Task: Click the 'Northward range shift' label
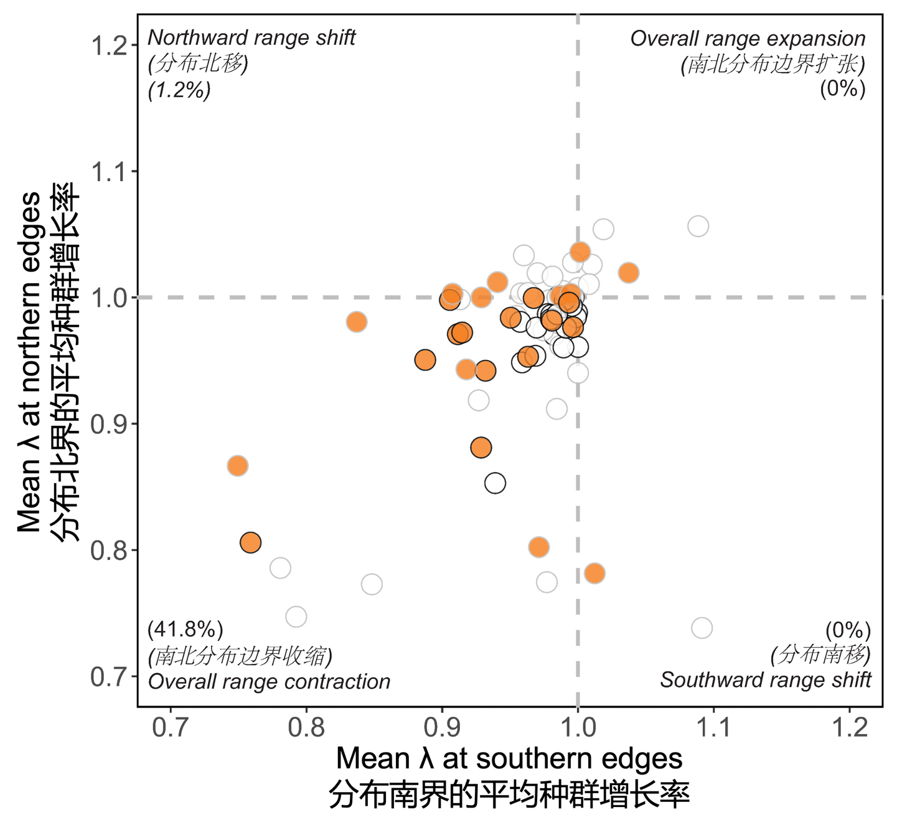tap(251, 38)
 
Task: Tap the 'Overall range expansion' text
tap(748, 39)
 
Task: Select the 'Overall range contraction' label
tap(269, 682)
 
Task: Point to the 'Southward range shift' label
tap(766, 680)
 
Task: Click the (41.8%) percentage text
tap(185, 630)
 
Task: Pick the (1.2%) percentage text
tap(179, 90)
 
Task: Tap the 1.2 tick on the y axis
tap(110, 45)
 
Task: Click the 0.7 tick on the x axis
tap(171, 727)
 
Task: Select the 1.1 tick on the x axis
tap(713, 727)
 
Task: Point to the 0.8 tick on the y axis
tap(110, 550)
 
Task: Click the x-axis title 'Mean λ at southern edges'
tap(509, 759)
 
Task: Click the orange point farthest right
tap(629, 273)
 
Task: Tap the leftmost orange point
tap(237, 466)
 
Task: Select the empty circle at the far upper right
tap(698, 226)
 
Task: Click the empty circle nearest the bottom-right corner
tap(702, 628)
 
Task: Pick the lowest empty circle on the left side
tap(296, 616)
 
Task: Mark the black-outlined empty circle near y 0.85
tap(495, 483)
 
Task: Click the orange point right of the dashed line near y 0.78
tap(594, 573)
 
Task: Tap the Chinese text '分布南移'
tap(820, 654)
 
